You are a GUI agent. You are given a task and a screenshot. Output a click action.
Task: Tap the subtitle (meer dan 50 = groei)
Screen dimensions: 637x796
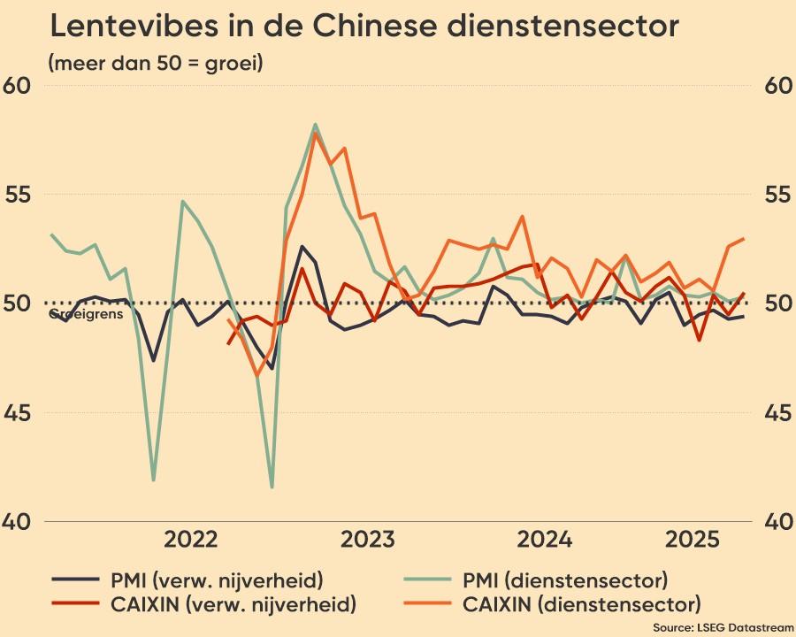[x=156, y=64]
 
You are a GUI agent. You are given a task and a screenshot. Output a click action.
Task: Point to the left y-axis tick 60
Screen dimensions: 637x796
[x=18, y=86]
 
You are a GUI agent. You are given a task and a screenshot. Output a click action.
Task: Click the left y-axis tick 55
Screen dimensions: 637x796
[x=18, y=195]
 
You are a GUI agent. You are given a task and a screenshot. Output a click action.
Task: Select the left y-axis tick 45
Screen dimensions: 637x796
[x=18, y=413]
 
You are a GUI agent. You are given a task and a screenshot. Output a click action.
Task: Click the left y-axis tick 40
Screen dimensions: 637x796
[x=18, y=522]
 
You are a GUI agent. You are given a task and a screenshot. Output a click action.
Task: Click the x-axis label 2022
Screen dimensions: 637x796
[x=191, y=540]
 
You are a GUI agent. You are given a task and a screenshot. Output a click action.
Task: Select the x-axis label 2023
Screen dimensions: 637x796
[x=369, y=540]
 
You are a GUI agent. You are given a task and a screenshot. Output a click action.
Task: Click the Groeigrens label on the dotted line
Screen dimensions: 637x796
[x=86, y=314]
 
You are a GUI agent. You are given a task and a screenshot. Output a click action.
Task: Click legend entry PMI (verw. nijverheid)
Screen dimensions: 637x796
[x=217, y=581]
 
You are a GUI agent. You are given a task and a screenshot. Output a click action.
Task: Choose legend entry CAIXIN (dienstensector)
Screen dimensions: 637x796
[x=581, y=605]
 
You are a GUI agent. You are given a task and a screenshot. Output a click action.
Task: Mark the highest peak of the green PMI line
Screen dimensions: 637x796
[x=315, y=125]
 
